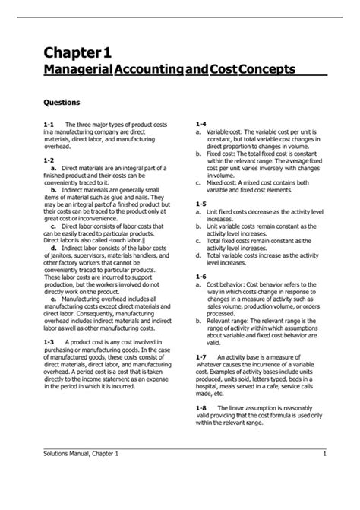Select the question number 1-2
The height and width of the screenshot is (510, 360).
(x=49, y=160)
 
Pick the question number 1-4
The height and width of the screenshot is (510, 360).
(x=201, y=123)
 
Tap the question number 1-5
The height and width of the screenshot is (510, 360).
(x=201, y=204)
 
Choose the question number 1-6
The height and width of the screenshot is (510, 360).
(x=201, y=276)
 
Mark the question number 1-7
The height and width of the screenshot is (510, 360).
(x=201, y=356)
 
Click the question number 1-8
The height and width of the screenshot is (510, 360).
(x=201, y=408)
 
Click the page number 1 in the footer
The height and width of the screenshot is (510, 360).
(x=324, y=454)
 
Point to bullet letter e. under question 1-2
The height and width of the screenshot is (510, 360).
(x=54, y=278)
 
